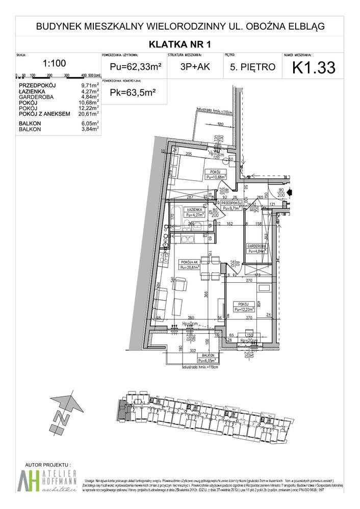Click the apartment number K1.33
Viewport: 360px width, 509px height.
click(313, 67)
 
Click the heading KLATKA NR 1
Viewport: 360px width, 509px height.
click(179, 44)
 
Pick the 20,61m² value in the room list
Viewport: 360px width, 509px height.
click(87, 113)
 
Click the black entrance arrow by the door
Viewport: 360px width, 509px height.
click(290, 193)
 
